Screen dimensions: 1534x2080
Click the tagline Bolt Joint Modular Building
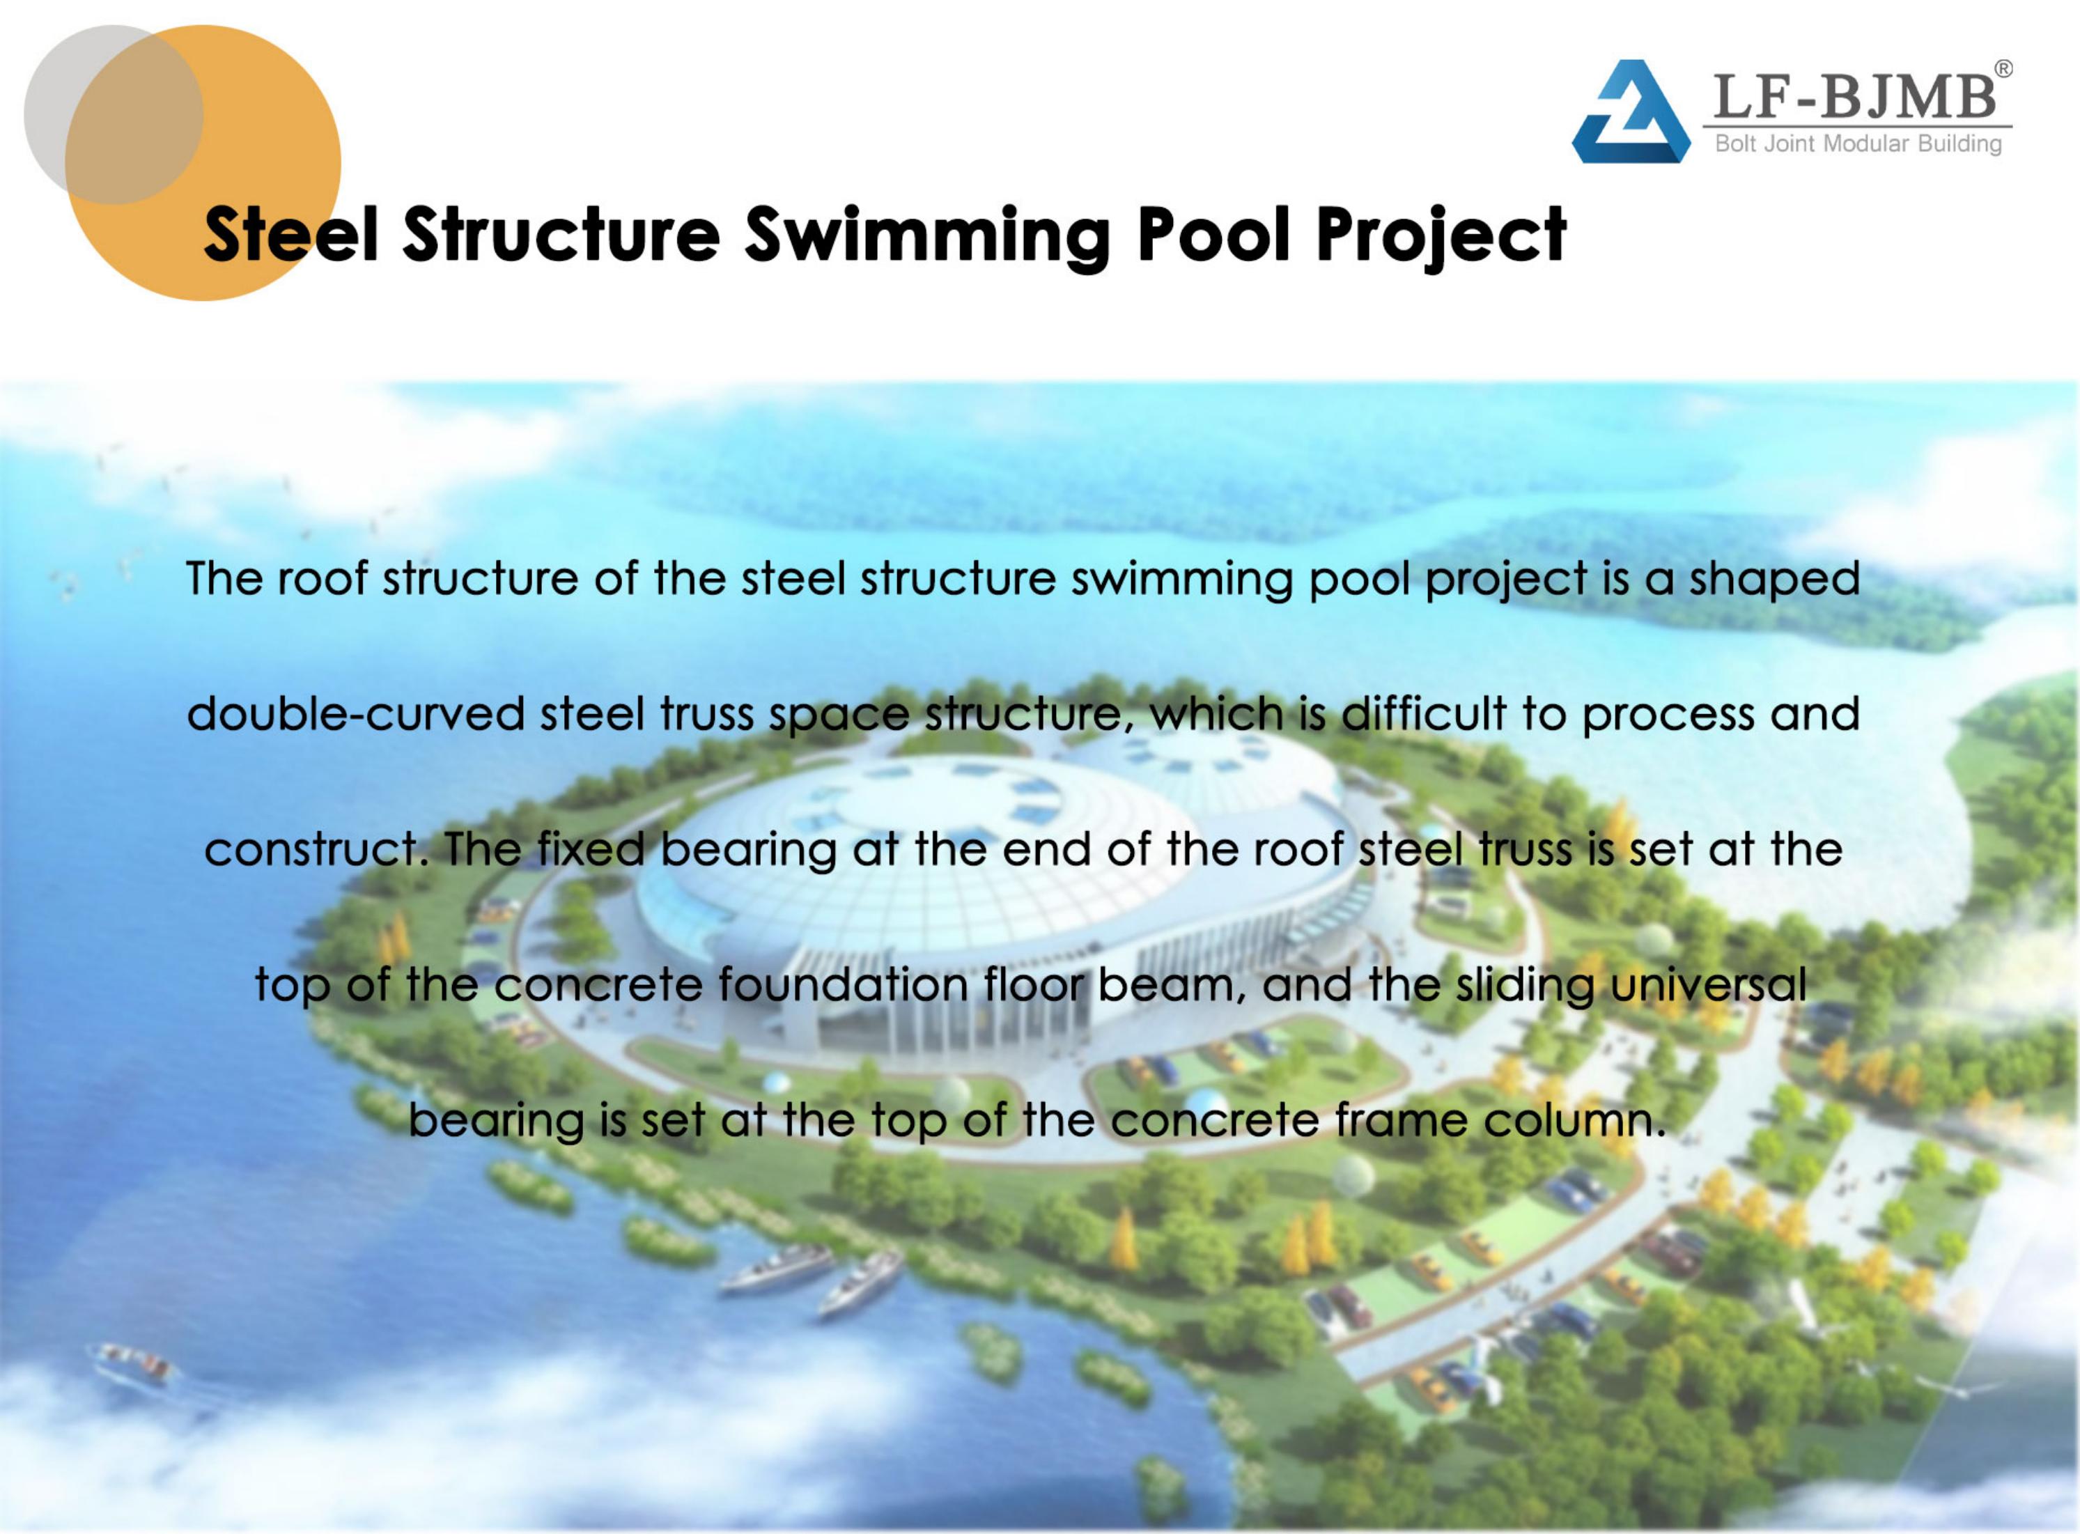[1858, 144]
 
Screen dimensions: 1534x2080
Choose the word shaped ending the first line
[1774, 578]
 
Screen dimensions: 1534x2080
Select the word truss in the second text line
[706, 714]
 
